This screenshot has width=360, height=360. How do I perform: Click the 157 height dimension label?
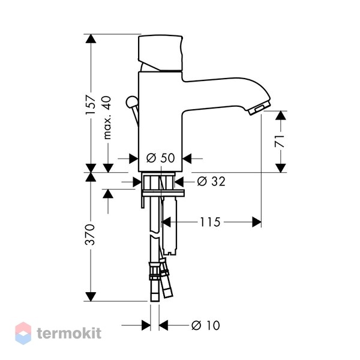[x=90, y=104]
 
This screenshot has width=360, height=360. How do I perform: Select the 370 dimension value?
[x=90, y=235]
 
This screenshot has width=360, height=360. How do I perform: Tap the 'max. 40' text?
[x=107, y=118]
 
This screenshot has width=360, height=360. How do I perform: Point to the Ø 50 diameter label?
[x=160, y=158]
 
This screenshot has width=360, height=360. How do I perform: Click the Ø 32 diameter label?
[x=211, y=181]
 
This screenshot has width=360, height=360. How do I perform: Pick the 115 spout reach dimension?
[x=211, y=222]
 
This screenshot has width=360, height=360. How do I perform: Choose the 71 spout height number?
[x=280, y=141]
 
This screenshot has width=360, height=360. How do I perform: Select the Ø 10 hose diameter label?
[x=205, y=325]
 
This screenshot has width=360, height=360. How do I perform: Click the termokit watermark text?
[x=69, y=333]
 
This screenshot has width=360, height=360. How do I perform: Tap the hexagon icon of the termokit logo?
[x=23, y=333]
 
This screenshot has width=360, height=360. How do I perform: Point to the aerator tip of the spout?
[x=259, y=108]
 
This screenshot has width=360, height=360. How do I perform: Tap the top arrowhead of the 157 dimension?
[x=91, y=38]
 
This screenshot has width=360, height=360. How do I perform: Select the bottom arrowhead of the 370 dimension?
[x=91, y=296]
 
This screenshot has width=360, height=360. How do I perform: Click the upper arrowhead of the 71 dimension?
[x=281, y=115]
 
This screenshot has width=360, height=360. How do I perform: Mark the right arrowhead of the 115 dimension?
[x=257, y=222]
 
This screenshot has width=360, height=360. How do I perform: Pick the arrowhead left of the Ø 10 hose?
[x=146, y=325]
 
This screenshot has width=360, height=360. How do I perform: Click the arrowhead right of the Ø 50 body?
[x=187, y=158]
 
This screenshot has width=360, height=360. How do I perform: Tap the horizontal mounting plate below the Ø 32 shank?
[x=163, y=193]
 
